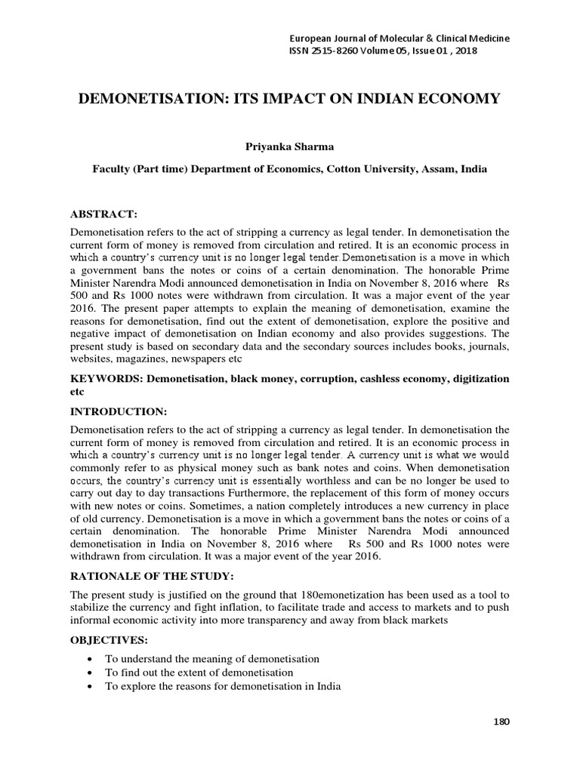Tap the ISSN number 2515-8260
coord(341,51)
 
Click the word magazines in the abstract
coord(147,359)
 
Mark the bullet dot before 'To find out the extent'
coord(91,672)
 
